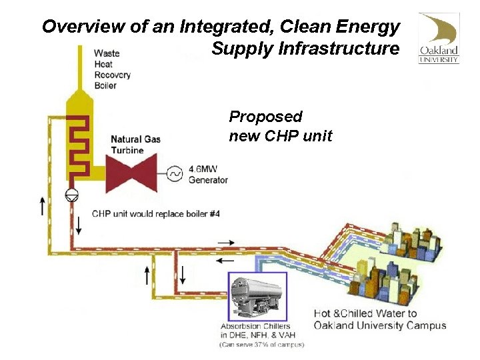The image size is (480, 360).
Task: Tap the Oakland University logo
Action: coord(438,38)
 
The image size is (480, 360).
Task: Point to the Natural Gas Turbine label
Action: coord(135,145)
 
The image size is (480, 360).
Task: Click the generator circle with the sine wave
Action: coord(175,174)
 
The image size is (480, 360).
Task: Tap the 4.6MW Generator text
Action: coord(208,175)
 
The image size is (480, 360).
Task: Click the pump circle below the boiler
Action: coord(71,195)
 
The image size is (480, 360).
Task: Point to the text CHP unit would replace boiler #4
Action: coord(155,214)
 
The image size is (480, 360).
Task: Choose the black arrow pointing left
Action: coord(227,261)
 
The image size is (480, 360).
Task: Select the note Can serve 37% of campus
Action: coord(261,345)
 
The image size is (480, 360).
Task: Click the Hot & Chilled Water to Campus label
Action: coord(379,319)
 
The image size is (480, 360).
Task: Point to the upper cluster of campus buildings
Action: coord(413,243)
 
